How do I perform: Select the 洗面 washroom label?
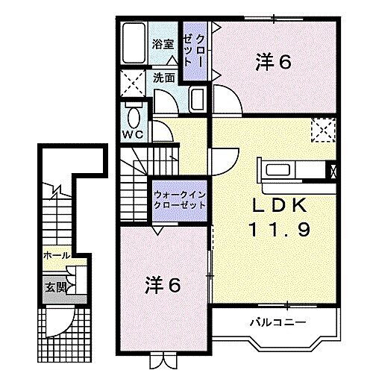[164, 76]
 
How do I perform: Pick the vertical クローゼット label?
[196, 52]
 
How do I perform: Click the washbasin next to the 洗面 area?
[197, 98]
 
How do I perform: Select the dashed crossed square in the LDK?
[324, 131]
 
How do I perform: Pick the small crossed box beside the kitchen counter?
[333, 169]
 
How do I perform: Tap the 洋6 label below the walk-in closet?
[163, 284]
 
